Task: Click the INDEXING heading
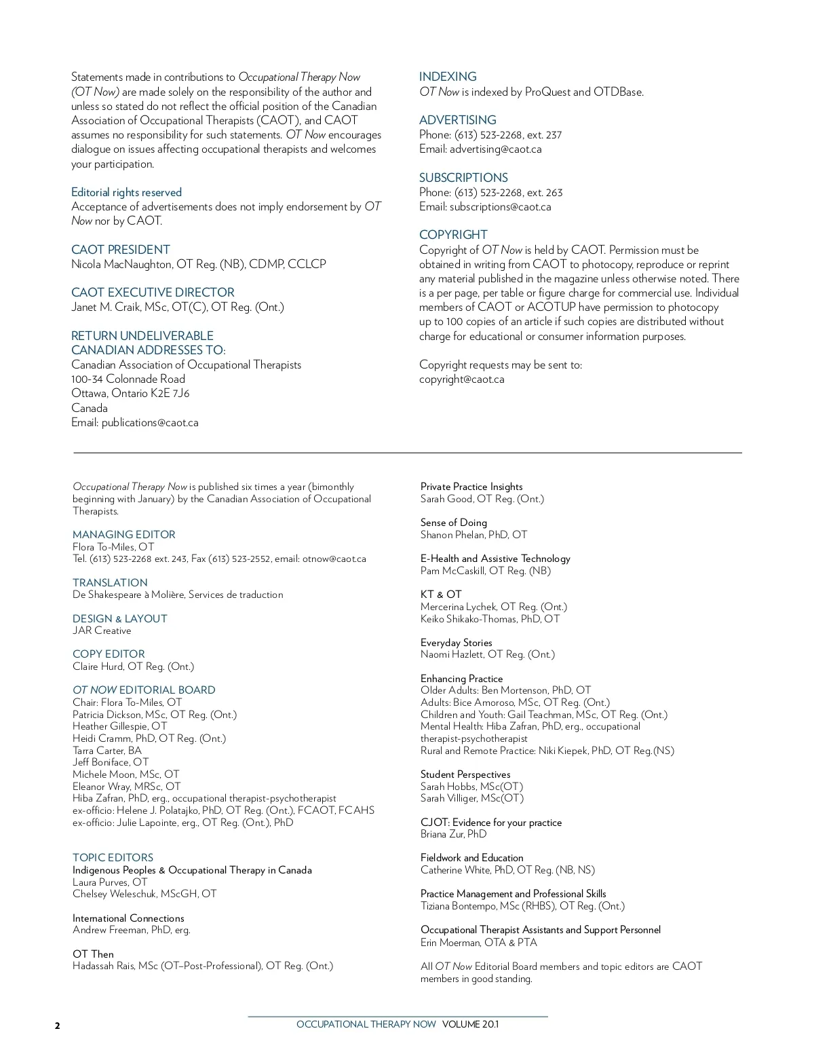coord(448,77)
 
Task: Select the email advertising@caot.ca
coord(495,149)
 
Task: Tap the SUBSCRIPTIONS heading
coord(463,178)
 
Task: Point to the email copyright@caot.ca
coord(461,379)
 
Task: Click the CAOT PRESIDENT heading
coord(121,250)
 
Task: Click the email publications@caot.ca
coord(150,423)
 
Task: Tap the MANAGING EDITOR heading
coord(124,535)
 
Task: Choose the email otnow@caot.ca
coord(334,559)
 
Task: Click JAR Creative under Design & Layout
coord(102,630)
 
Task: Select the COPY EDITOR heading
coord(109,654)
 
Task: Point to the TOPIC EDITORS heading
coord(113,858)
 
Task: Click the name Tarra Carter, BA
coord(107,751)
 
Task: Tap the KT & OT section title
coord(441,595)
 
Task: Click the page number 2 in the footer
coord(58,1025)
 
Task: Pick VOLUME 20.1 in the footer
coord(470,1024)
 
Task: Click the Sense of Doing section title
coord(454,523)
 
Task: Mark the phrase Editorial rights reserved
coord(126,193)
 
